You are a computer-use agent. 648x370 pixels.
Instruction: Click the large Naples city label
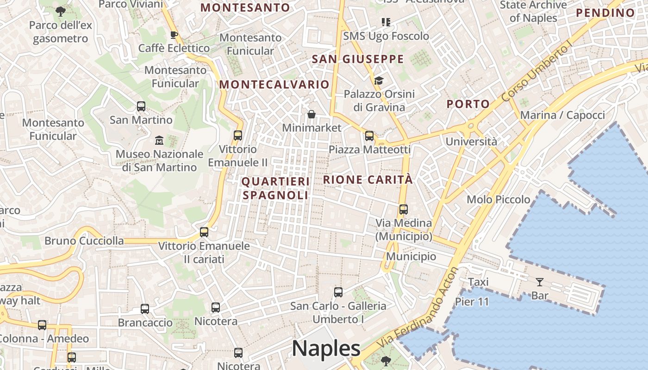click(x=326, y=349)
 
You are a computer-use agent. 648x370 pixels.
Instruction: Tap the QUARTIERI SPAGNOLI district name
click(x=275, y=188)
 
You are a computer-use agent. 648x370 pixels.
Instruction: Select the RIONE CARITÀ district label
click(x=368, y=179)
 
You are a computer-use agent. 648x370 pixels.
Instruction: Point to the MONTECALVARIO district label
click(x=274, y=85)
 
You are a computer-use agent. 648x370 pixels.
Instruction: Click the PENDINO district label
click(x=605, y=13)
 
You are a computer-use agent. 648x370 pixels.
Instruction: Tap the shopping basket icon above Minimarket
click(x=312, y=114)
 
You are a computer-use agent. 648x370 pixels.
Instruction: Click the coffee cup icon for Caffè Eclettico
click(x=174, y=35)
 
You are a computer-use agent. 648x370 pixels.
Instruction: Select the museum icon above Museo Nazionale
click(x=159, y=140)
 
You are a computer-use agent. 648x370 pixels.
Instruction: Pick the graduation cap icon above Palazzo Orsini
click(x=379, y=80)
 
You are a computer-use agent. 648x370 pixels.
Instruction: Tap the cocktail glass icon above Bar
click(x=539, y=282)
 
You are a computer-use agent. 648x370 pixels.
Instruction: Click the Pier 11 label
click(x=472, y=302)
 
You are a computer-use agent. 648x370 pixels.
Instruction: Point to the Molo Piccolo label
click(x=498, y=199)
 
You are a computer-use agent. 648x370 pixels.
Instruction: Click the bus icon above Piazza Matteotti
click(x=369, y=136)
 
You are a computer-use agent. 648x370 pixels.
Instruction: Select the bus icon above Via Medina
click(x=403, y=209)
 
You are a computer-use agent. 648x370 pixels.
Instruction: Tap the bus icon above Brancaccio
click(x=145, y=308)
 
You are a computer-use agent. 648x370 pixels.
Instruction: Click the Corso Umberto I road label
click(x=537, y=74)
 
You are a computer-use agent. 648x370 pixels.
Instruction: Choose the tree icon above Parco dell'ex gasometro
click(x=60, y=11)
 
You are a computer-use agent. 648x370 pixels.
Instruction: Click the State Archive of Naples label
click(x=533, y=12)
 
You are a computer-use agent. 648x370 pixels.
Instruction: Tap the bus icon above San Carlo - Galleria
click(x=338, y=292)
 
